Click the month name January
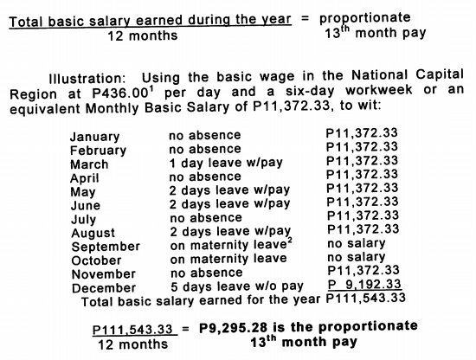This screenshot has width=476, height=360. click(x=95, y=137)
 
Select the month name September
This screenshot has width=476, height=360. click(x=105, y=247)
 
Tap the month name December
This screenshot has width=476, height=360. click(x=104, y=288)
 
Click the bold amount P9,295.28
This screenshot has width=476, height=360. click(x=231, y=326)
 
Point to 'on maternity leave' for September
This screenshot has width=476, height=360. click(x=230, y=246)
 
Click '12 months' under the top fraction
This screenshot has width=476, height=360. click(x=143, y=35)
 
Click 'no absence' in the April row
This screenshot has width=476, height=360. click(x=205, y=177)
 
